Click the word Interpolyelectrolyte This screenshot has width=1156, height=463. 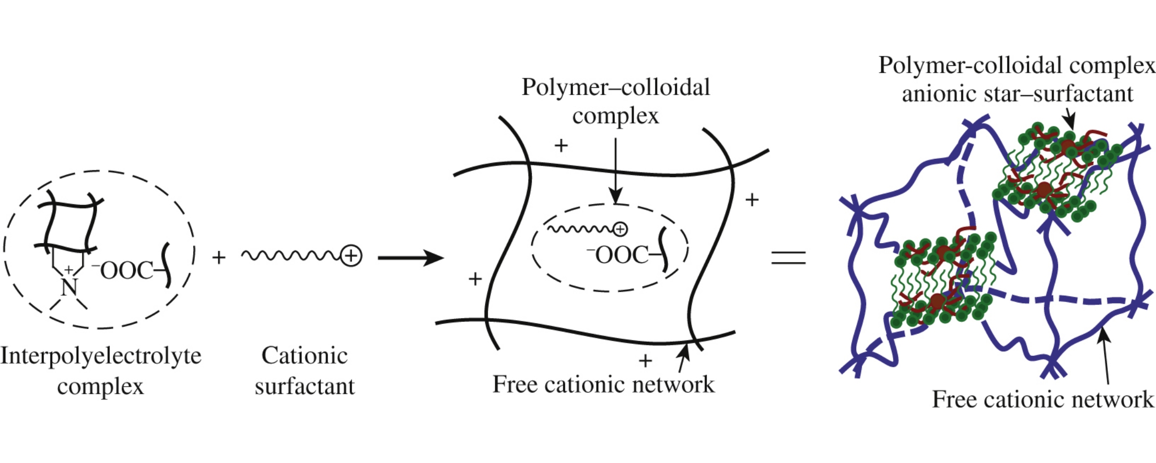pos(100,356)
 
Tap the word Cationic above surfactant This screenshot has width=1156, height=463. pos(305,356)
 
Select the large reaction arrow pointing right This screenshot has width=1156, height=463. pos(411,258)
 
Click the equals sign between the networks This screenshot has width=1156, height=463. pos(788,258)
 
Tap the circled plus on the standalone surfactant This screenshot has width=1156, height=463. pos(351,256)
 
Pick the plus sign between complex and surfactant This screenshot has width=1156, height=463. pos(219,257)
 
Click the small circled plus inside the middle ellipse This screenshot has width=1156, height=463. pos(620,229)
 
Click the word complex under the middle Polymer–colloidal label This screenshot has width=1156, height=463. pos(615,116)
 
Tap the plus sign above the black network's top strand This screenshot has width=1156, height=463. pos(561,145)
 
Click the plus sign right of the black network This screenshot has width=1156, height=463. pos(752,200)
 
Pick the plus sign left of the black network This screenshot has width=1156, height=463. pos(475,279)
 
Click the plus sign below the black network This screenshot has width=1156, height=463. pos(646,361)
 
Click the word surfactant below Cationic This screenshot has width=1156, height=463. pos(305,387)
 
